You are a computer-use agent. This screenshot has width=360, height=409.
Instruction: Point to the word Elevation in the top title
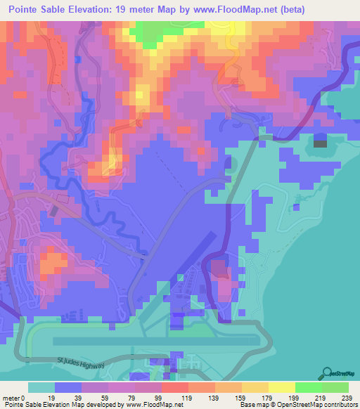pos(98,10)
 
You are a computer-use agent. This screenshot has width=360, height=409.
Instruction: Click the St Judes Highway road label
pos(81,364)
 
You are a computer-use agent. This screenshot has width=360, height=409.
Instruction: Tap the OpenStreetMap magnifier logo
pos(328,373)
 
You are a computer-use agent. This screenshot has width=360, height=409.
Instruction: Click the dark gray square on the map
pos(320,143)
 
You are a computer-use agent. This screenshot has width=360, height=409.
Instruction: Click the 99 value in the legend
pos(161,398)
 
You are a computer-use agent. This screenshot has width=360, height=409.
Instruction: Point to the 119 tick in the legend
pos(188,398)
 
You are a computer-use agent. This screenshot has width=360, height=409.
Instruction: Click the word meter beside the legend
pos(11,398)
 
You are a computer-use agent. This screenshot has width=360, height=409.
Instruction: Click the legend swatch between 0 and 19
pos(41,387)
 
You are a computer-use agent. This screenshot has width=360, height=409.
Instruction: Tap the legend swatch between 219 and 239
pos(335,387)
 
